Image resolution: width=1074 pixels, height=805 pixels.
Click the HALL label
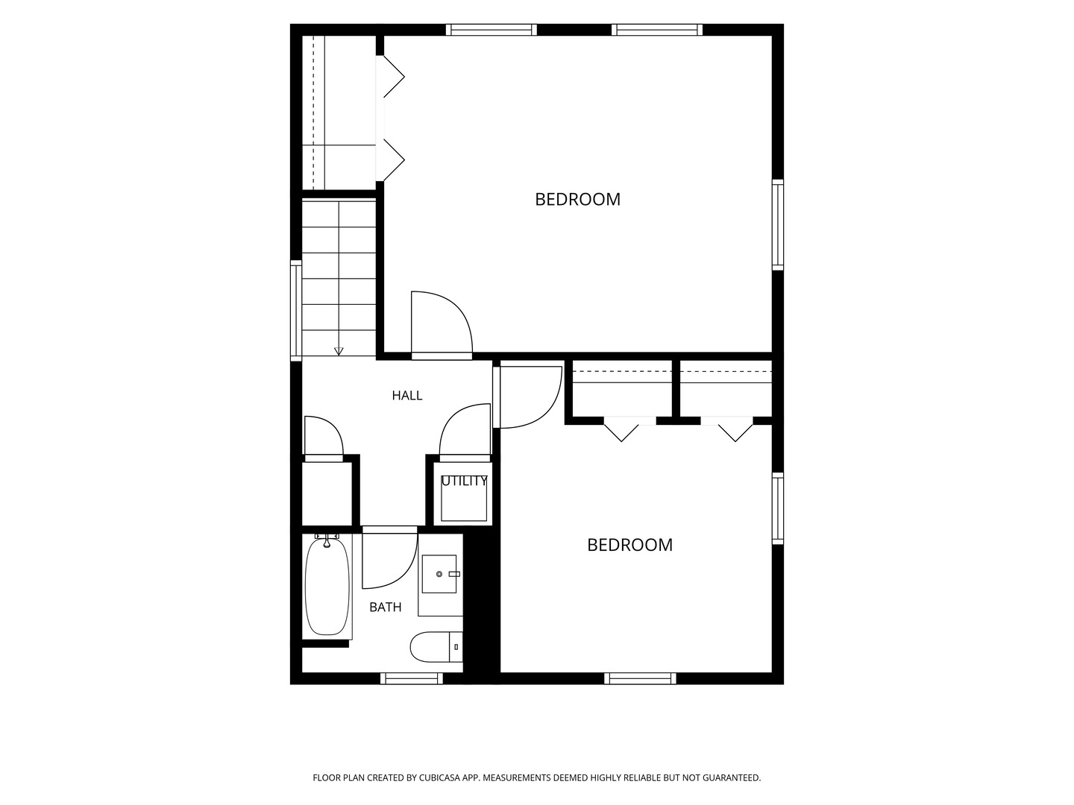coord(406,395)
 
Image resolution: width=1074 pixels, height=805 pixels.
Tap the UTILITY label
coord(464,481)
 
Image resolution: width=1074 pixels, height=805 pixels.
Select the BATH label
coord(385,607)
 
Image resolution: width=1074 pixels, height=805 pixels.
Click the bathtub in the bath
coord(327,587)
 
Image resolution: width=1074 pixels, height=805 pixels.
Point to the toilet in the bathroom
coord(436,647)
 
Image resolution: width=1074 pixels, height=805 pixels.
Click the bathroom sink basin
coord(439,574)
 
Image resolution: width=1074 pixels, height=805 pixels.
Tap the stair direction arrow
coord(339,351)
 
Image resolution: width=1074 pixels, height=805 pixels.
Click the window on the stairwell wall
coord(296,310)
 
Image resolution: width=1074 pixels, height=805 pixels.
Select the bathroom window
coord(412,678)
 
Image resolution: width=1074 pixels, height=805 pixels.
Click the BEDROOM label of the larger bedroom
coord(577,200)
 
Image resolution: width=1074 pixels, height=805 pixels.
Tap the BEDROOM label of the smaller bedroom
coord(629,545)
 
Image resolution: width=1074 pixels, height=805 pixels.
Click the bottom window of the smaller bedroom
coord(640,678)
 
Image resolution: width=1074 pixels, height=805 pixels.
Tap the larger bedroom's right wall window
coord(778,225)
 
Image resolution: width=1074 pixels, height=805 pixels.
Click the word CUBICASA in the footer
coord(439,777)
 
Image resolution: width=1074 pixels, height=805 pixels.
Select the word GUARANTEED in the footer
coord(731,777)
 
